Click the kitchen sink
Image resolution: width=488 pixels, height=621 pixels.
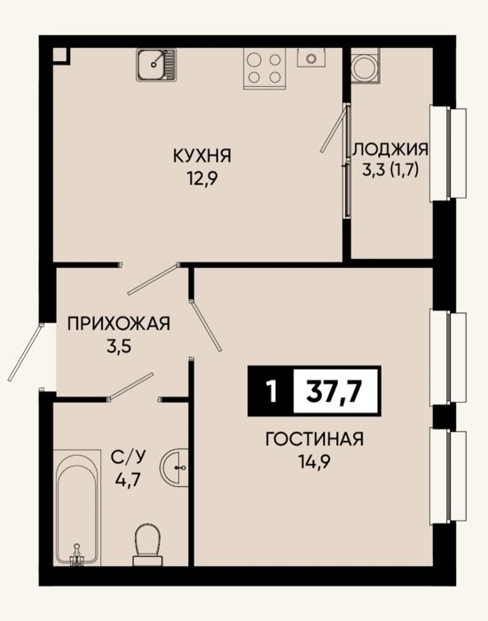pyautogui.click(x=156, y=65)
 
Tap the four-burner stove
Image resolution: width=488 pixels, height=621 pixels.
pyautogui.click(x=264, y=68)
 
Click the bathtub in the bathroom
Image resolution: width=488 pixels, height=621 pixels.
pyautogui.click(x=77, y=507)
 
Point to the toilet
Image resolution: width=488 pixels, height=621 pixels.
pyautogui.click(x=147, y=545)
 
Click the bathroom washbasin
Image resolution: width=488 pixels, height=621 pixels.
pyautogui.click(x=174, y=468)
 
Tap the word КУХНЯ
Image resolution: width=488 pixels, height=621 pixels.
pyautogui.click(x=202, y=155)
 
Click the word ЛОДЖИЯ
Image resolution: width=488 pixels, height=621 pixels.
pyautogui.click(x=390, y=149)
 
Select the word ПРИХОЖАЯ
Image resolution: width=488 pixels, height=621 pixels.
pyautogui.click(x=119, y=324)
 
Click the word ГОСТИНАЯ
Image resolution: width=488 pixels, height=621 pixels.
pyautogui.click(x=314, y=439)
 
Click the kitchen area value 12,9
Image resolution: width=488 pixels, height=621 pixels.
pyautogui.click(x=202, y=180)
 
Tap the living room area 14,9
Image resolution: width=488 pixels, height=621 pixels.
pyautogui.click(x=315, y=461)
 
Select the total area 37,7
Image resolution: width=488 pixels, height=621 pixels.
pyautogui.click(x=336, y=391)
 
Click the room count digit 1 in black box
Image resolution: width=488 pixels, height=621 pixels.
pyautogui.click(x=272, y=391)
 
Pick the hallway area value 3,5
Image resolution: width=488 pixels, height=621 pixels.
pyautogui.click(x=118, y=347)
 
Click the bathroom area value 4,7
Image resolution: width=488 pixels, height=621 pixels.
pyautogui.click(x=128, y=480)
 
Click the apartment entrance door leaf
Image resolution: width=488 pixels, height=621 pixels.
pyautogui.click(x=25, y=352)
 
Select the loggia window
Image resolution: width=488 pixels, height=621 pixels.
pyautogui.click(x=448, y=153)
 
